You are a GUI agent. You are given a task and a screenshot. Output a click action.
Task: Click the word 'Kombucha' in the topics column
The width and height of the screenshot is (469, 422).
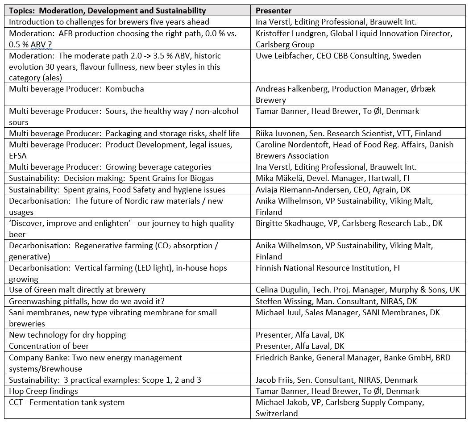click(x=125, y=88)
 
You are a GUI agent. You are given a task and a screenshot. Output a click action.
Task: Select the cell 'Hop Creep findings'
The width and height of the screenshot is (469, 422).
click(x=43, y=391)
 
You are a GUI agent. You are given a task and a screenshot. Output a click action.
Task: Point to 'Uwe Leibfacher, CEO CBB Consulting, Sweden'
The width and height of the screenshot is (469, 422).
click(x=338, y=56)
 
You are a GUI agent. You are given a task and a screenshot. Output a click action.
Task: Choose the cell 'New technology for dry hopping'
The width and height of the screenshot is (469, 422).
click(x=67, y=335)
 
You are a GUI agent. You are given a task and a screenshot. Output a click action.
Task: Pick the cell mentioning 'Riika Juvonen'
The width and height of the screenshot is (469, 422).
click(x=348, y=133)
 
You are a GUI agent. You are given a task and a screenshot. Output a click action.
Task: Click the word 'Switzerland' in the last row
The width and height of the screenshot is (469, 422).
click(x=277, y=414)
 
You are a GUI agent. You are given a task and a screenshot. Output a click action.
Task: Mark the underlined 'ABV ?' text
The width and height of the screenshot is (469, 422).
click(x=34, y=45)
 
